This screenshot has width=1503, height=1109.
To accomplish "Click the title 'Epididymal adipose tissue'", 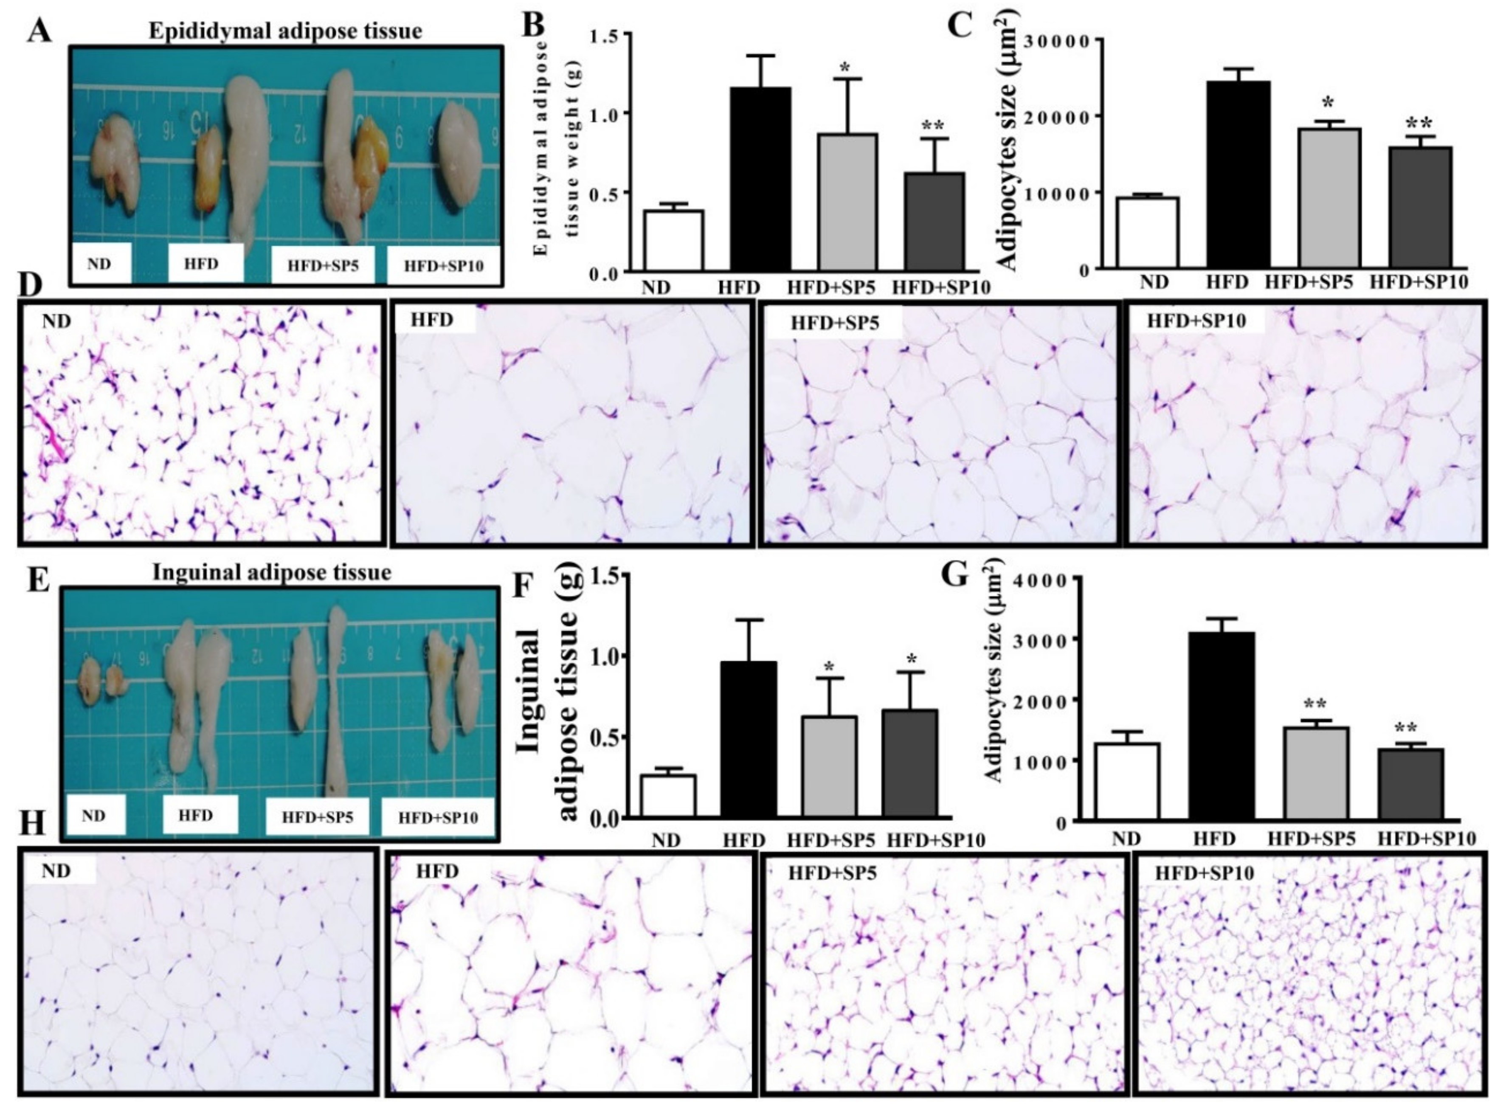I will click(285, 31).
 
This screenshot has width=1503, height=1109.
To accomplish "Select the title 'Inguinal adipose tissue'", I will click(272, 573).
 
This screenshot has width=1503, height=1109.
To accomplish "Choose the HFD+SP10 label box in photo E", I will click(438, 818).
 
